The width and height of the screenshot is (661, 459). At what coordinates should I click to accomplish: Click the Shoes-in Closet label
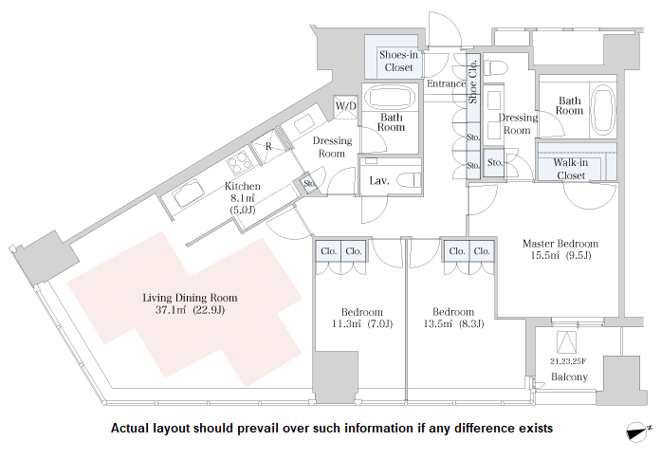point(399,61)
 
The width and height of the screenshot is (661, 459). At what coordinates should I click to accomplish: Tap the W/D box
point(344,107)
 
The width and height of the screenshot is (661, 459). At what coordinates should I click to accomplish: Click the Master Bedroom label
point(560,244)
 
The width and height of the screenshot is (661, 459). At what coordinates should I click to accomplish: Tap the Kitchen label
point(243,187)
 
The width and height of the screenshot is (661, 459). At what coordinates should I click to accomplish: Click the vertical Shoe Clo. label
point(473,82)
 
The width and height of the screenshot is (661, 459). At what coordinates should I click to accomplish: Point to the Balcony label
point(570,377)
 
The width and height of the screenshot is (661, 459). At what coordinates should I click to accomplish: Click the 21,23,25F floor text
point(569,361)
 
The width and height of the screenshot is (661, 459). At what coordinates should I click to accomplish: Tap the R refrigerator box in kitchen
point(269,147)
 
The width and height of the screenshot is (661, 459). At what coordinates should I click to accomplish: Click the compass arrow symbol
point(637,432)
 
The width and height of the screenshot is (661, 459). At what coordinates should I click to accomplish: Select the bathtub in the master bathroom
point(603,109)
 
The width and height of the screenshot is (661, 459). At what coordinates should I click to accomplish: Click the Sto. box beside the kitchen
point(308,183)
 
